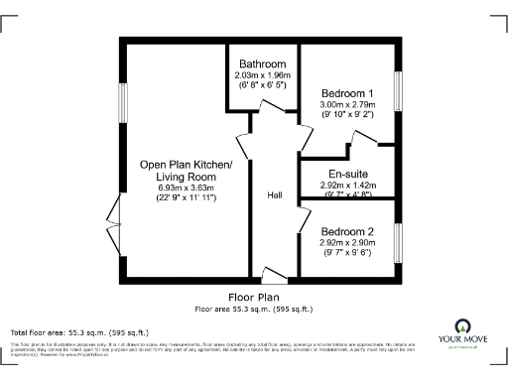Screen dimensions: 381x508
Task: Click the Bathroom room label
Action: click(262, 64)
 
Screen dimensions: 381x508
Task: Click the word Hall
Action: click(276, 195)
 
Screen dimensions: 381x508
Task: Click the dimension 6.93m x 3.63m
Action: click(186, 188)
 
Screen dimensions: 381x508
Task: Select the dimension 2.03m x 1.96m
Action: click(262, 75)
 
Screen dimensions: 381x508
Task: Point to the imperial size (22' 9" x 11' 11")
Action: click(186, 198)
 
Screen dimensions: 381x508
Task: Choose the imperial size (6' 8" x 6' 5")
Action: click(262, 86)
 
